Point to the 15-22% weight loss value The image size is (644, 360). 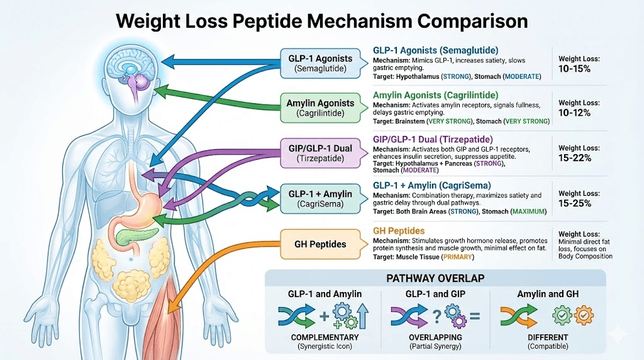click(575, 158)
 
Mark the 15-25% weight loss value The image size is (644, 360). click(575, 204)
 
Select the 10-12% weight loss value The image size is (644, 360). click(574, 113)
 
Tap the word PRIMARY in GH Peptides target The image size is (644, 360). click(459, 257)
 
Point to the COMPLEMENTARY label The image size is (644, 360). click(325, 338)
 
